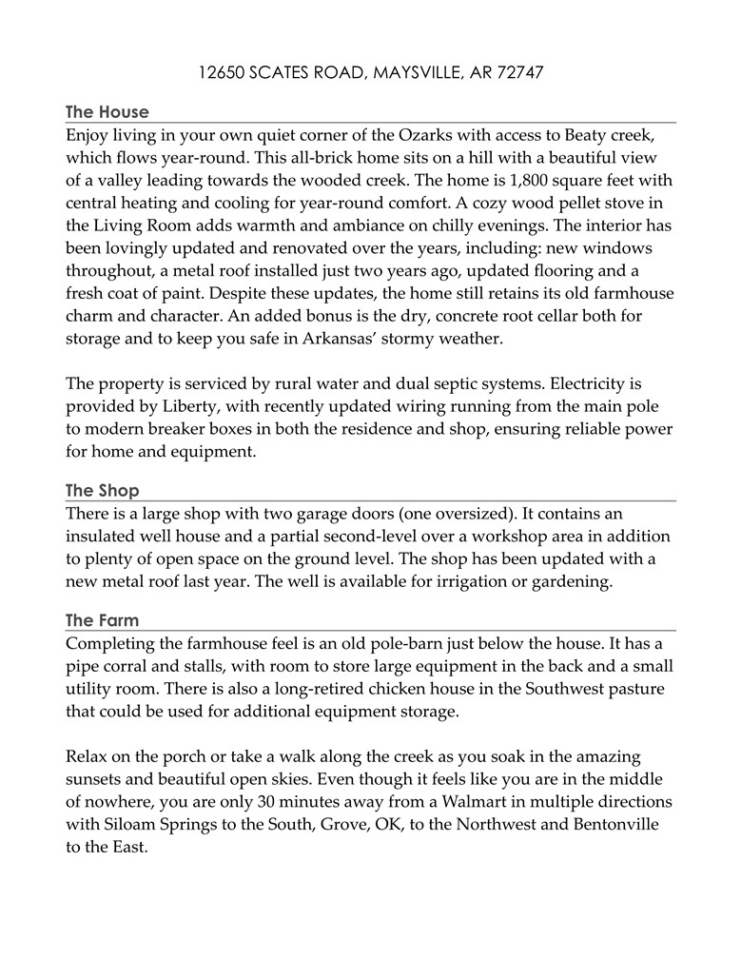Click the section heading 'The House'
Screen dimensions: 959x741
tap(107, 112)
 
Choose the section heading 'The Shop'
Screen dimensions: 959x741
tap(102, 491)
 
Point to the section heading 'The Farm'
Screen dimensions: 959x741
tap(102, 620)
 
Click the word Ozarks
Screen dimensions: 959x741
tap(404, 135)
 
